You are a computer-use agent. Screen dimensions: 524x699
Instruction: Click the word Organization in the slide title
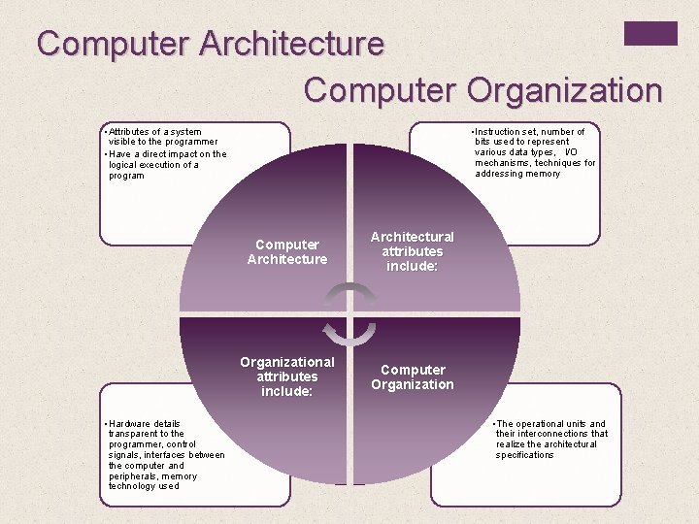click(564, 90)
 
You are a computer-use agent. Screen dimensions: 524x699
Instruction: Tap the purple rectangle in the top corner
click(649, 33)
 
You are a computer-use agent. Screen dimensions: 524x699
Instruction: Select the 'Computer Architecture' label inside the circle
click(287, 251)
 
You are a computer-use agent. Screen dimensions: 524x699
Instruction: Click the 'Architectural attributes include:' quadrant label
click(412, 251)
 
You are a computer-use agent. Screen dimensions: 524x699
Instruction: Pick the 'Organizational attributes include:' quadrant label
click(287, 377)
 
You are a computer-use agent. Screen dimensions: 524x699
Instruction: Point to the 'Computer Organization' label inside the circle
click(412, 377)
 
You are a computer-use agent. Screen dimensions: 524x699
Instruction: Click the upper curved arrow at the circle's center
click(349, 294)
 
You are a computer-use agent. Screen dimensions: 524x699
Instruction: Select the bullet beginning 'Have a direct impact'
click(167, 164)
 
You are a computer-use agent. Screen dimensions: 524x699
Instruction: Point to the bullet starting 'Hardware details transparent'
click(166, 454)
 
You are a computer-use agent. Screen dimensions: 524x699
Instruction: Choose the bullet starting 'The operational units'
click(550, 439)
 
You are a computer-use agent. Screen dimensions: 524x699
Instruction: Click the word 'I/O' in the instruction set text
click(570, 152)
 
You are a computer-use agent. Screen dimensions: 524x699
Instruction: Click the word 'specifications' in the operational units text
click(525, 454)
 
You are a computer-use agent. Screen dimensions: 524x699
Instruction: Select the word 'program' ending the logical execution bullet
click(126, 176)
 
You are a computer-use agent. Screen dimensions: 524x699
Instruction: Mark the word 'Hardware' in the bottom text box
click(131, 423)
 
